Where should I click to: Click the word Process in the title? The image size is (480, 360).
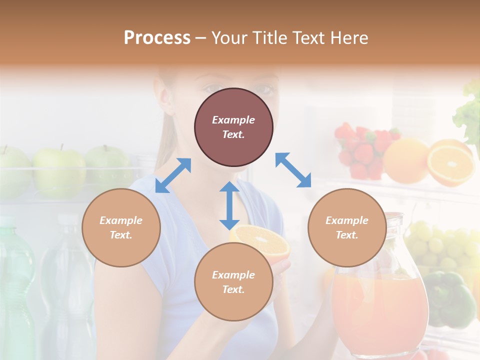(x=157, y=38)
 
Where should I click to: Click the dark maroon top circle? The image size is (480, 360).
(x=233, y=127)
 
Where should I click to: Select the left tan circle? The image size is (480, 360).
(x=121, y=227)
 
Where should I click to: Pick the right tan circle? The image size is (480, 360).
(x=347, y=227)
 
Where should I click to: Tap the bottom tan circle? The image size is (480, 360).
(x=233, y=282)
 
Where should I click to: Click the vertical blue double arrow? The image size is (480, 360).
(x=229, y=205)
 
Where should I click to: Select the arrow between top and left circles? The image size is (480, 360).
(x=173, y=175)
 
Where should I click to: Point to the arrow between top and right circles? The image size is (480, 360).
(x=293, y=170)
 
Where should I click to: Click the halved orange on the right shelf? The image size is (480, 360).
(x=451, y=162)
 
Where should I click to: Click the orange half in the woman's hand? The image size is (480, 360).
(x=260, y=237)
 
